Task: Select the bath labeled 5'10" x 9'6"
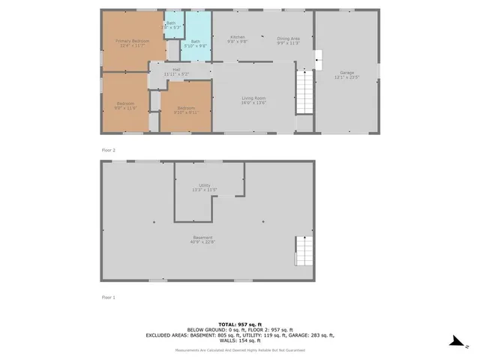pyautogui.click(x=196, y=43)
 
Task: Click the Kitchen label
pyautogui.click(x=237, y=38)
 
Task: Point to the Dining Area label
pyautogui.click(x=289, y=40)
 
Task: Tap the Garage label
pyautogui.click(x=346, y=74)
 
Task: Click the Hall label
pyautogui.click(x=176, y=71)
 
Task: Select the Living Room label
pyautogui.click(x=253, y=100)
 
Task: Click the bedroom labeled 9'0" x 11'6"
pyautogui.click(x=125, y=105)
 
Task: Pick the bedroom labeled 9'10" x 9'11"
pyautogui.click(x=186, y=109)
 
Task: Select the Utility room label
pyautogui.click(x=204, y=187)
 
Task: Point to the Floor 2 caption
pyautogui.click(x=109, y=150)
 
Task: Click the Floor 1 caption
pyautogui.click(x=109, y=297)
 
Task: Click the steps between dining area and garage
pyautogui.click(x=317, y=59)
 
